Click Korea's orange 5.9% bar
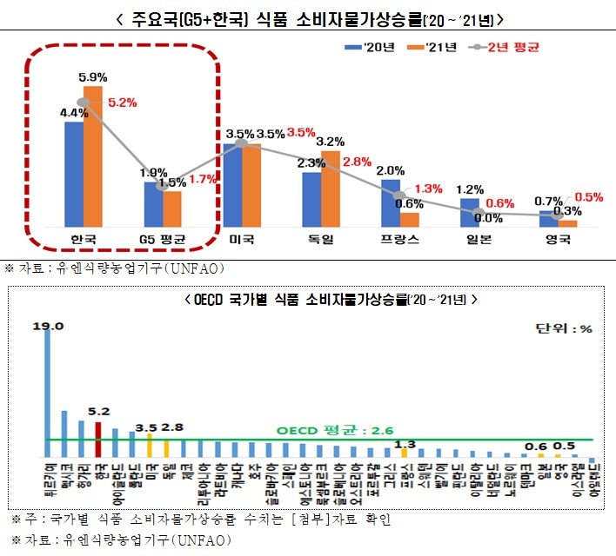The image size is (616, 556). (x=93, y=156)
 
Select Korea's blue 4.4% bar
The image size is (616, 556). (x=74, y=174)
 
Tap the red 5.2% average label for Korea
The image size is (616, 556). (x=123, y=102)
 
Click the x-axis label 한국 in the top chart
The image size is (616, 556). (x=84, y=239)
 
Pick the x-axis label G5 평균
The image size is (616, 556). (x=164, y=239)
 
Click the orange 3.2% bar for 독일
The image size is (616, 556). (x=331, y=189)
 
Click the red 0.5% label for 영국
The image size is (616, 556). (x=589, y=197)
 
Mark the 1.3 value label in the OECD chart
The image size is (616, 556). (x=404, y=445)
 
